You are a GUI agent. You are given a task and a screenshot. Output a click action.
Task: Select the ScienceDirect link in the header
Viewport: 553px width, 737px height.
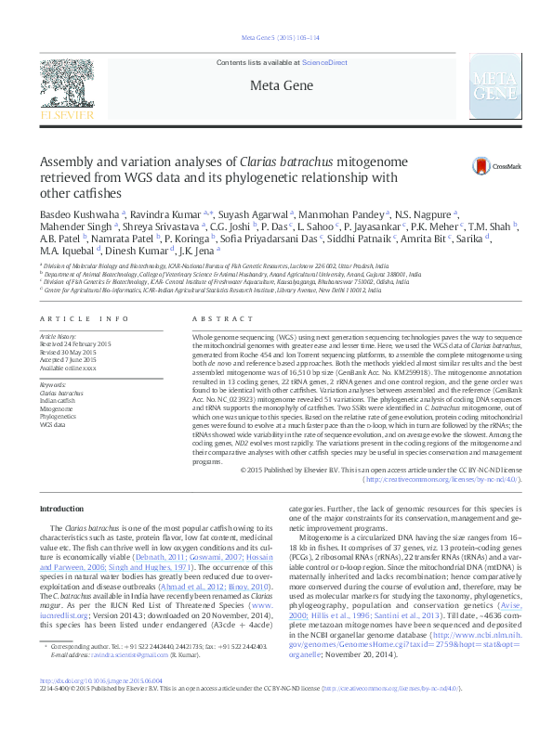pyautogui.click(x=325, y=62)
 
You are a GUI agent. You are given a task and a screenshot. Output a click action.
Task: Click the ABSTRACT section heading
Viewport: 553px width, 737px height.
pyautogui.click(x=210, y=318)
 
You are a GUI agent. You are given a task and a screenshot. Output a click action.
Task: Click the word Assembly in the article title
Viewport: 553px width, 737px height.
pyautogui.click(x=69, y=160)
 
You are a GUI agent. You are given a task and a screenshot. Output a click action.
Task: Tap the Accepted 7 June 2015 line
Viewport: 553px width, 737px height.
pyautogui.click(x=71, y=361)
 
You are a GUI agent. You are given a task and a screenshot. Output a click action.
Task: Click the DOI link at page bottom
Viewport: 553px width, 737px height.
pyautogui.click(x=101, y=705)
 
